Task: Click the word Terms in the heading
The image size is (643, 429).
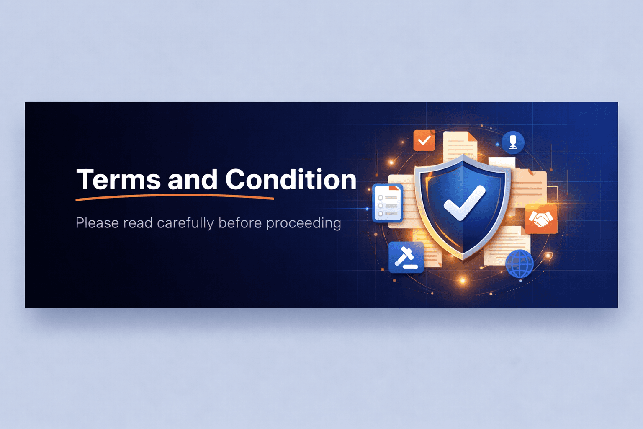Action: coord(118,180)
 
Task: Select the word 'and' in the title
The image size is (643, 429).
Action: coord(193,180)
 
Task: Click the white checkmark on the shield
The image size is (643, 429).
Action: coord(464,203)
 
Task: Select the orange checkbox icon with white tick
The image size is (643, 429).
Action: coord(424,140)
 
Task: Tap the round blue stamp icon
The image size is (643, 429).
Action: coord(513,142)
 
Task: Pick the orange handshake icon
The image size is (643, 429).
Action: coord(541,219)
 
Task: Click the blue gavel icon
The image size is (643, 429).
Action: coord(406,257)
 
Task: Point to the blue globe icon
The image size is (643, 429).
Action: coord(520,264)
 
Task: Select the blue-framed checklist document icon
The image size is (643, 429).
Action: coord(387,203)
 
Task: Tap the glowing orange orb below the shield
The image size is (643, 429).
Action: coord(463,280)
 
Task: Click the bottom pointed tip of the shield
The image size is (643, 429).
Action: coord(463,257)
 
